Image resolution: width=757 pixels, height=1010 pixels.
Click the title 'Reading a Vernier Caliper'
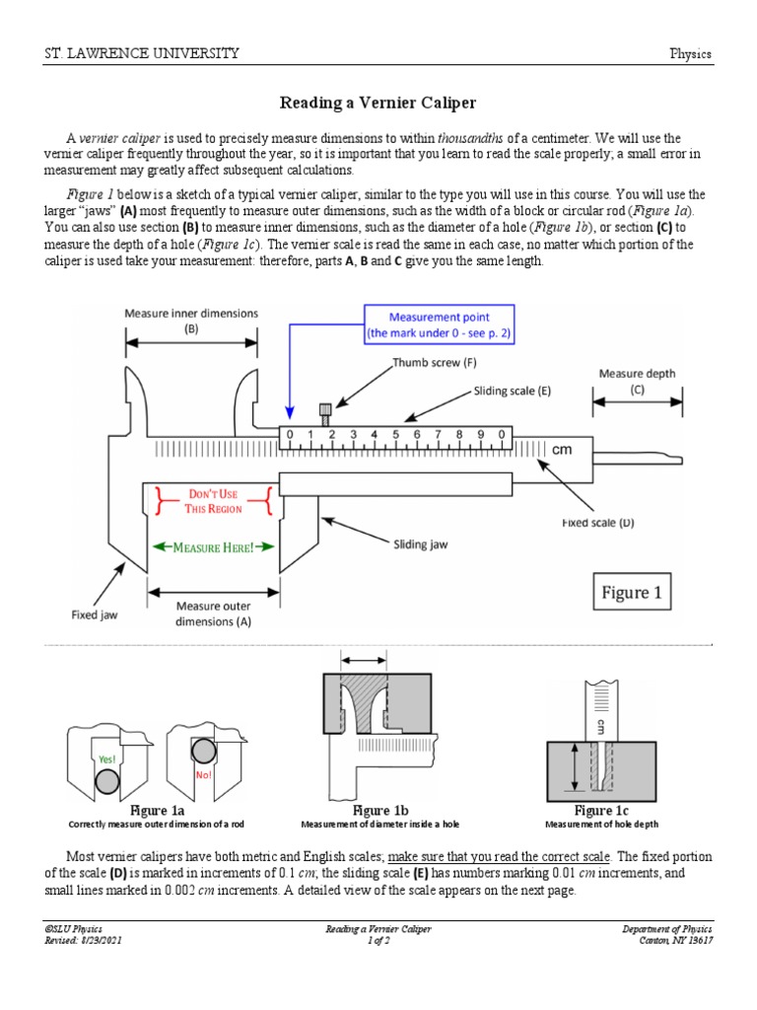pyautogui.click(x=378, y=103)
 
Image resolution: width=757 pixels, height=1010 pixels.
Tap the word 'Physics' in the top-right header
pyautogui.click(x=690, y=54)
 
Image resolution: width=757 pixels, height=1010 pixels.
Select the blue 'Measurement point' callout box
pyautogui.click(x=440, y=325)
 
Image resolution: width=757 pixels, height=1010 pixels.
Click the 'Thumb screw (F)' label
pyautogui.click(x=435, y=362)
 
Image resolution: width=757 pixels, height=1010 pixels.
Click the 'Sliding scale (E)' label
pyautogui.click(x=512, y=391)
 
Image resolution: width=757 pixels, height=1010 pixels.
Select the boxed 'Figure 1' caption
pyautogui.click(x=632, y=593)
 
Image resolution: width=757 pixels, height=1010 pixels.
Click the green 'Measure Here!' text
pyautogui.click(x=214, y=546)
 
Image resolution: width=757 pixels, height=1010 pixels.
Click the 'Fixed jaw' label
pyautogui.click(x=95, y=613)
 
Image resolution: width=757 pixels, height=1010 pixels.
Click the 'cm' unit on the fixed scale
pyautogui.click(x=562, y=450)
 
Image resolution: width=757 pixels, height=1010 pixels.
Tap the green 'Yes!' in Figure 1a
pyautogui.click(x=106, y=759)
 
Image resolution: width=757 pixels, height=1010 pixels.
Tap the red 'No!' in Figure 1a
pyautogui.click(x=204, y=774)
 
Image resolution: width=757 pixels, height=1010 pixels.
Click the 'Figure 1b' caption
pyautogui.click(x=379, y=810)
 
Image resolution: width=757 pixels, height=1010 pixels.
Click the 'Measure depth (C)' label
pyautogui.click(x=636, y=381)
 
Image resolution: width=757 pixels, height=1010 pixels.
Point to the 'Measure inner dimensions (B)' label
pyautogui.click(x=191, y=321)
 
